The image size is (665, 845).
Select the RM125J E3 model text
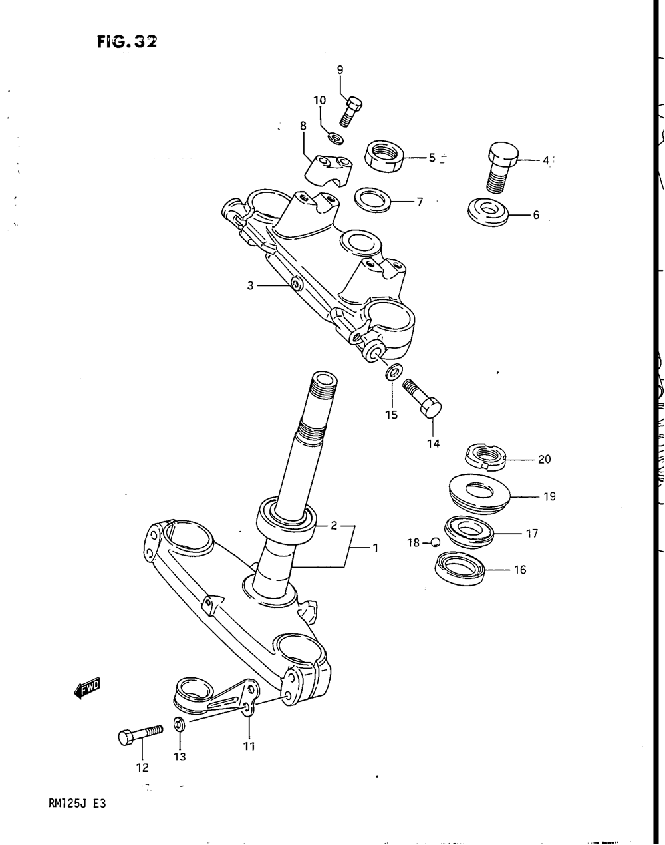point(77,803)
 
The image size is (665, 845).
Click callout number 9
point(340,69)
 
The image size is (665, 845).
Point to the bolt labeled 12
point(140,734)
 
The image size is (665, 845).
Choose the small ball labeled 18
point(436,542)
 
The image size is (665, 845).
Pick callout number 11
point(249,746)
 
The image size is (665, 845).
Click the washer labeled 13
point(179,725)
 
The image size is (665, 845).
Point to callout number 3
point(250,285)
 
